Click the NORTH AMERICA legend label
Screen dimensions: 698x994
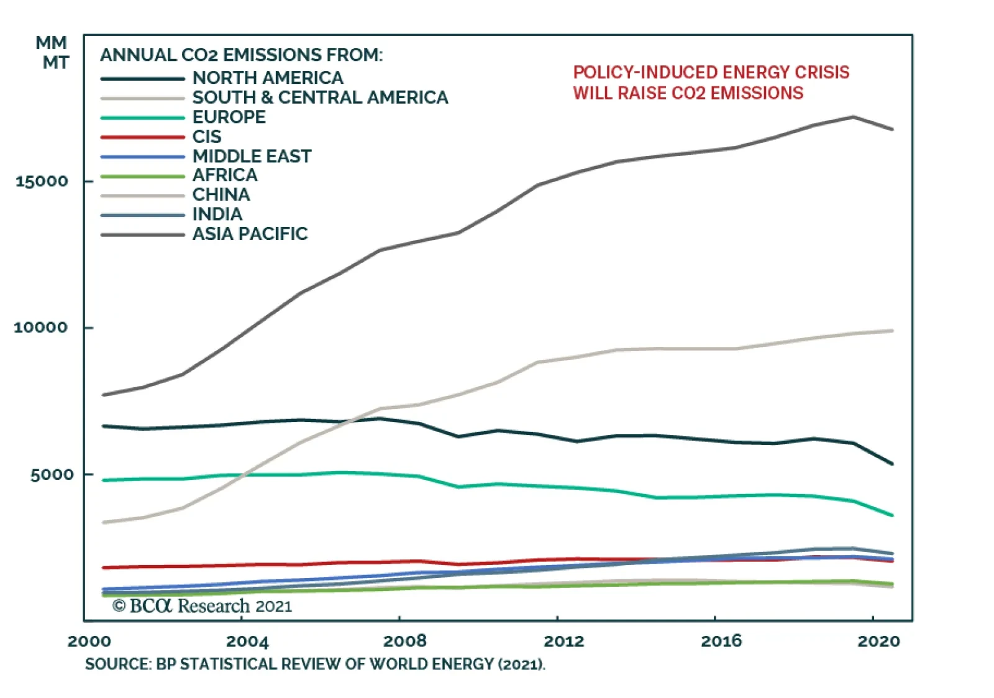pos(267,78)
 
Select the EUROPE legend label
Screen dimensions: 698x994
pos(229,117)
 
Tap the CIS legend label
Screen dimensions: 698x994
pos(206,137)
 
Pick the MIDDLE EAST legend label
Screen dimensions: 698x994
pos(252,156)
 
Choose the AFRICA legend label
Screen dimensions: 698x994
pos(224,175)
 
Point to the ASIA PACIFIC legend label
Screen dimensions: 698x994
pos(250,234)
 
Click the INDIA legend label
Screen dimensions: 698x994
pos(217,214)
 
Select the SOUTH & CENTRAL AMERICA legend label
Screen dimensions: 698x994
pos(320,98)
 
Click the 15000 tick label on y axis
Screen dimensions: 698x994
pos(42,181)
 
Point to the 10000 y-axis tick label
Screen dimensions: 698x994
pos(40,328)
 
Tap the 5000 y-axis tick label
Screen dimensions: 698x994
pos(52,475)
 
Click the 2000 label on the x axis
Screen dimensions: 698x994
pos(89,641)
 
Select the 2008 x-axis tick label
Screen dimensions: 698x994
pos(405,641)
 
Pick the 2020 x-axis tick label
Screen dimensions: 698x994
pos(878,641)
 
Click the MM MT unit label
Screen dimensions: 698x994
pos(53,53)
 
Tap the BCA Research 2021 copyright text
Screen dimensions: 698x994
pos(202,605)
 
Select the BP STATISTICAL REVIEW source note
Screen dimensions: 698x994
pos(315,664)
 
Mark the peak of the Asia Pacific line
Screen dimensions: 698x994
pos(854,117)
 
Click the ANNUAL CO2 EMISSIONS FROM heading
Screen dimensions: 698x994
pos(241,55)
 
